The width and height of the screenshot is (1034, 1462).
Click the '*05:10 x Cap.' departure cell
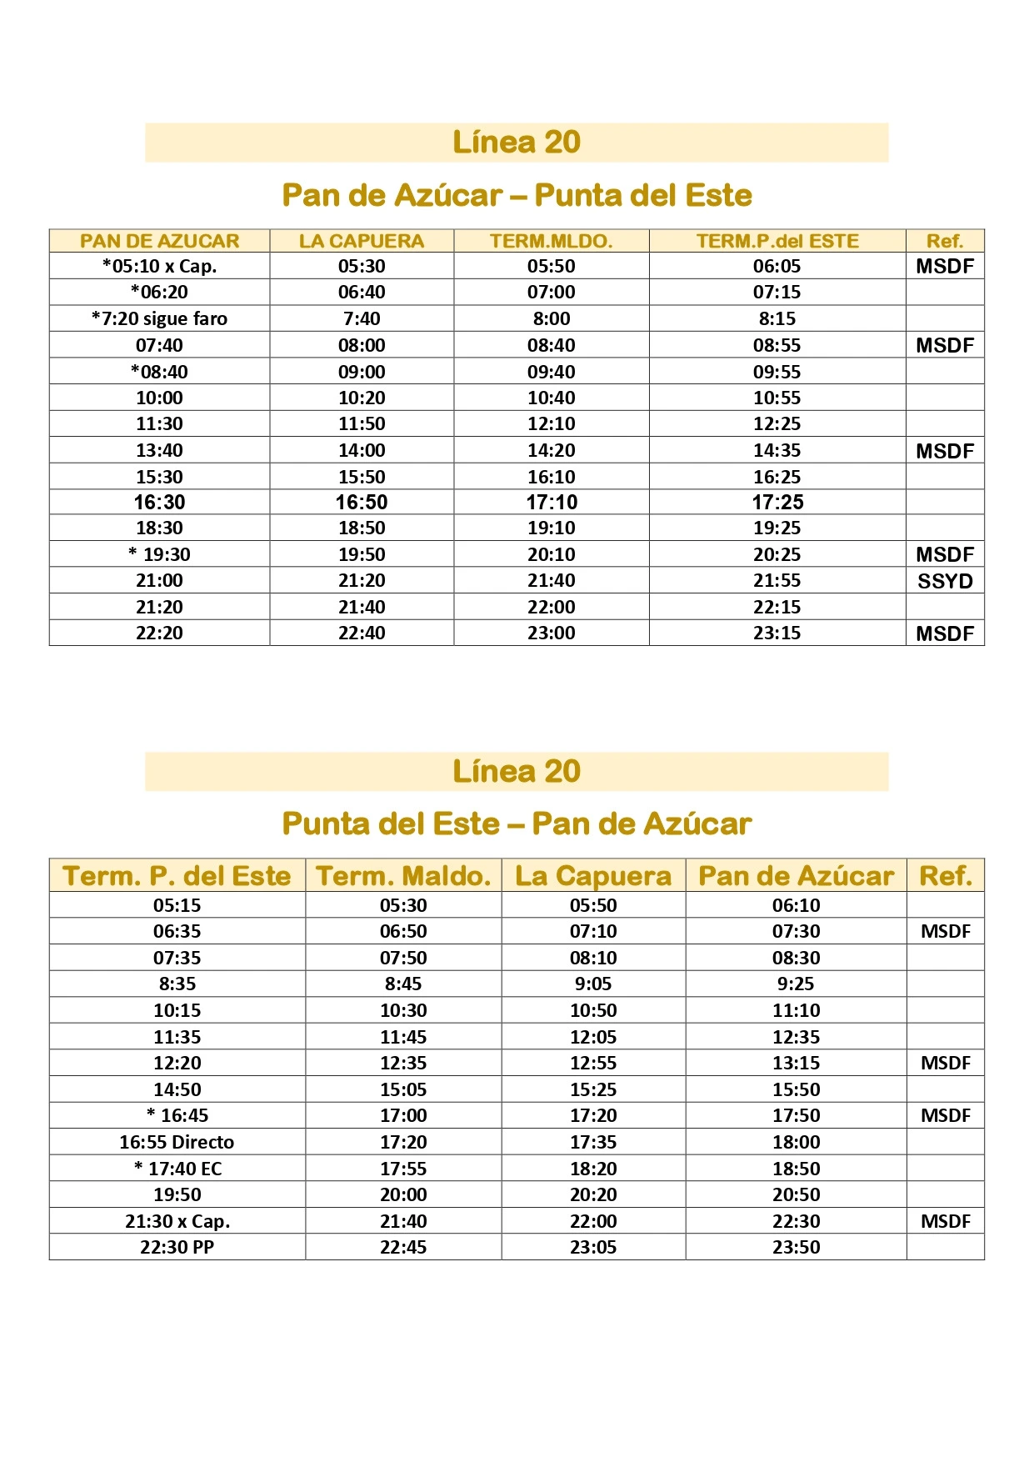(x=159, y=266)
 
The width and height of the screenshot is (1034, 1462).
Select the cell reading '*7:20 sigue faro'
(x=159, y=318)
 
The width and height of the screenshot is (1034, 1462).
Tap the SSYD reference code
(x=945, y=581)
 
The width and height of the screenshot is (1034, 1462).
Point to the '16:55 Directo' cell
(x=177, y=1142)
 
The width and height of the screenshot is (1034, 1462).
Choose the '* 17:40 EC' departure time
(x=177, y=1169)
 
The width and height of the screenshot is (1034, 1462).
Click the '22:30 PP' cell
(x=177, y=1247)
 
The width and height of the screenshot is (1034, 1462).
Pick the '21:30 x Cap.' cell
(x=177, y=1221)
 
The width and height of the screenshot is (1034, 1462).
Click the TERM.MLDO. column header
(x=551, y=241)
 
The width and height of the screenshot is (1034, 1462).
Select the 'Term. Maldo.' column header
(x=403, y=876)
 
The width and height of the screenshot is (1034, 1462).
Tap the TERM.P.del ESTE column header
(x=777, y=241)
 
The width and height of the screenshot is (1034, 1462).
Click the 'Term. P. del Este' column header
(x=177, y=876)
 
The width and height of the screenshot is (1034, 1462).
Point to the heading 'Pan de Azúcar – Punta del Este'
(x=517, y=195)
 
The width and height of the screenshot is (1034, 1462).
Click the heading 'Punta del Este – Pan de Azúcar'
(x=517, y=824)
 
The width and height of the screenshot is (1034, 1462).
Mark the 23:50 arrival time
(x=796, y=1247)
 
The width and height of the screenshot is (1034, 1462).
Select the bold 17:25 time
(x=777, y=502)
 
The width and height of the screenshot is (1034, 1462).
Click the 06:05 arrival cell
(x=777, y=266)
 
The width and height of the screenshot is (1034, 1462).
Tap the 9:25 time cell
(x=796, y=984)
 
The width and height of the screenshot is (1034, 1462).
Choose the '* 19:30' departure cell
(x=159, y=554)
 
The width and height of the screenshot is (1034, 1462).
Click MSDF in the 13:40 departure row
(x=945, y=451)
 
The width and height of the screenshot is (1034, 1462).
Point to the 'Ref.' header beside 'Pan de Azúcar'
(x=945, y=876)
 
